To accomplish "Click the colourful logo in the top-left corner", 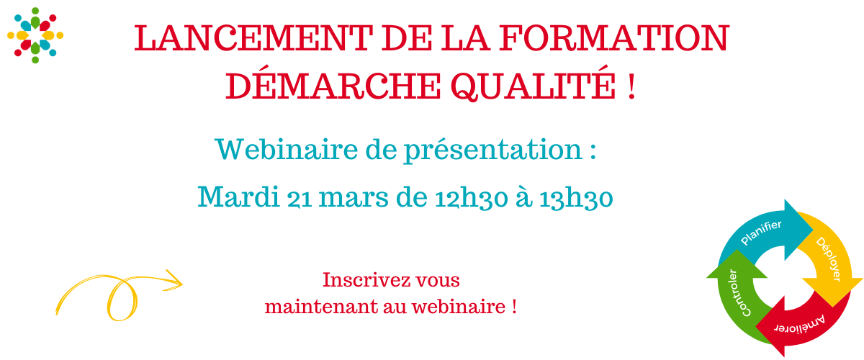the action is pyautogui.click(x=35, y=35).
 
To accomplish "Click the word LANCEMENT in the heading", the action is pyautogui.click(x=253, y=38).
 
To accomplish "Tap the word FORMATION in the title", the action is pyautogui.click(x=614, y=38).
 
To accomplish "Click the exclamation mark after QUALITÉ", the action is pyautogui.click(x=631, y=86).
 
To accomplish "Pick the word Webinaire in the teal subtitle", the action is pyautogui.click(x=287, y=149).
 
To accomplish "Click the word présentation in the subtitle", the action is pyautogui.click(x=493, y=150).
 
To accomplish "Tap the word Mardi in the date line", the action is pyautogui.click(x=238, y=197).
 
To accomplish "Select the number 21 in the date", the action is pyautogui.click(x=300, y=199).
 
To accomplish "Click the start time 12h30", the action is pyautogui.click(x=472, y=198).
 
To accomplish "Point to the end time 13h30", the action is pyautogui.click(x=576, y=198).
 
